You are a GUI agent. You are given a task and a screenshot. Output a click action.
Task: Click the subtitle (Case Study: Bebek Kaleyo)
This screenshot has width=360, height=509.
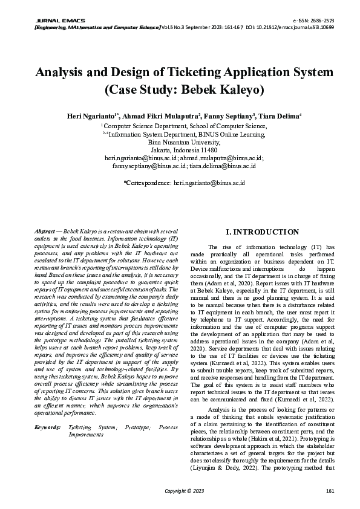(184, 90)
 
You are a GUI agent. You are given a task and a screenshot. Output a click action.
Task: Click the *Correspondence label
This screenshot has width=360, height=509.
(147, 181)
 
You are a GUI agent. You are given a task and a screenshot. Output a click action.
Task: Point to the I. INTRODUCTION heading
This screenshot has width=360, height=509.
(261, 232)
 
